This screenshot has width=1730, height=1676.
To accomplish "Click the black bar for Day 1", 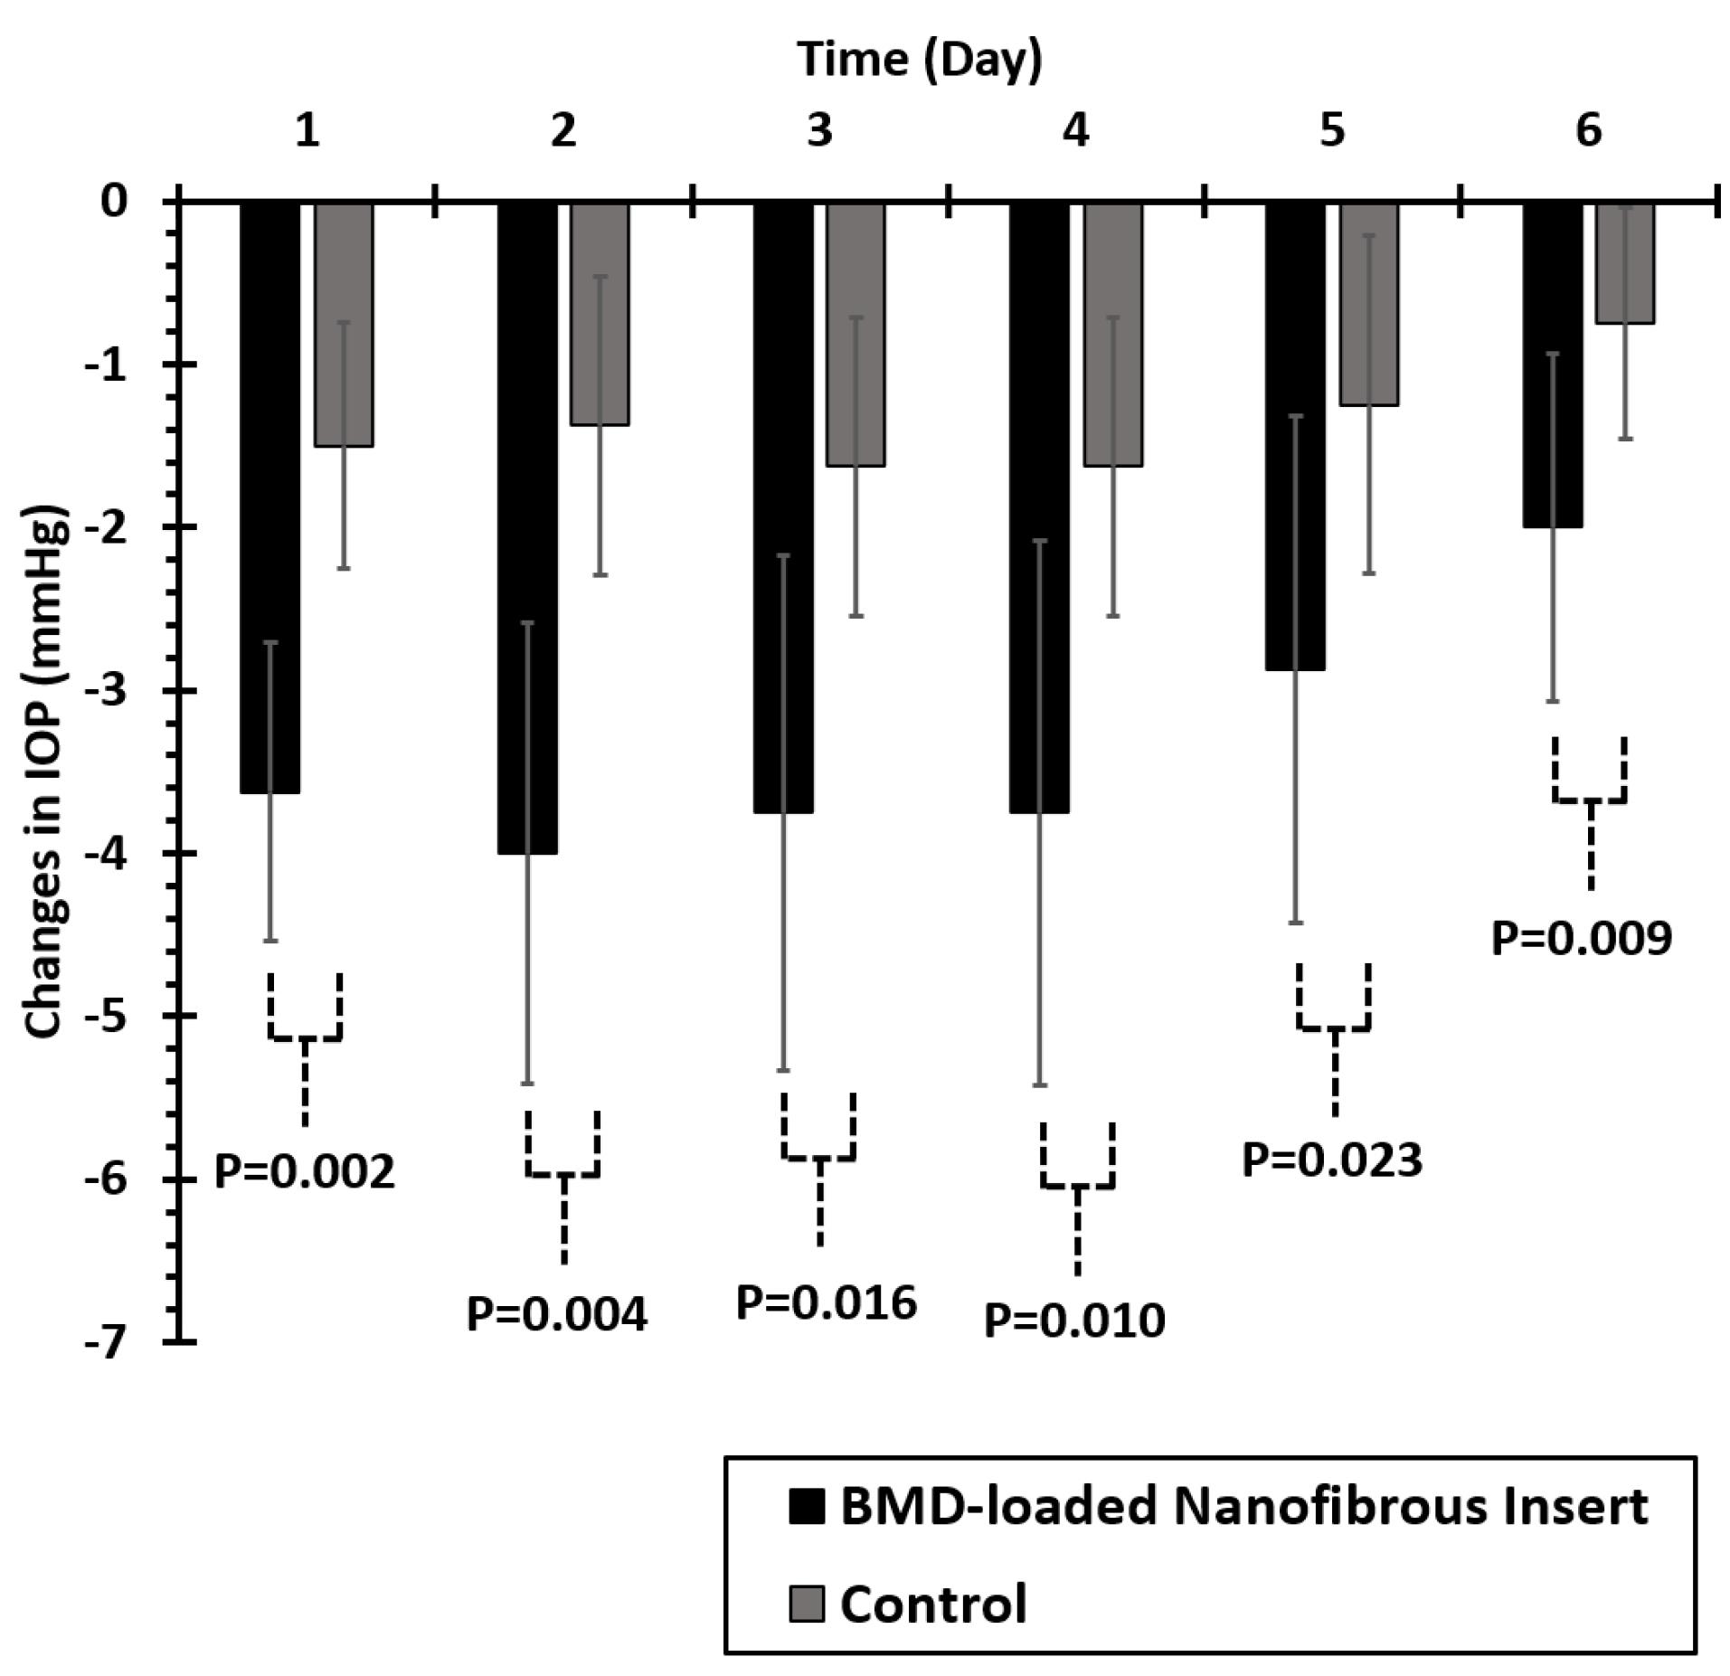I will [269, 497].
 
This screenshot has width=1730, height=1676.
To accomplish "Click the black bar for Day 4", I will [1039, 507].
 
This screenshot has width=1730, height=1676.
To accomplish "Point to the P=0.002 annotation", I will [305, 1172].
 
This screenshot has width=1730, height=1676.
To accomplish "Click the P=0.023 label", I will [1332, 1160].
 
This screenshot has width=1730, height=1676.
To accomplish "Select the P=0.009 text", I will [1582, 938].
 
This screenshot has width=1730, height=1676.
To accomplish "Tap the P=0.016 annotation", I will [827, 1303].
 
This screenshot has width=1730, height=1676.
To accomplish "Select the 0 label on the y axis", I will [115, 201].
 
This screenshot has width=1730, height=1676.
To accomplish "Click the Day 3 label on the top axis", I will [819, 131].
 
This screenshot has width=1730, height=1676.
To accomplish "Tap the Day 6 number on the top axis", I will [1589, 131].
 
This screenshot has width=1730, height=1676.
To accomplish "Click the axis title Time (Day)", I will [920, 60].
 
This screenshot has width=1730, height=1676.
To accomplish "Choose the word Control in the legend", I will [933, 1604].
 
